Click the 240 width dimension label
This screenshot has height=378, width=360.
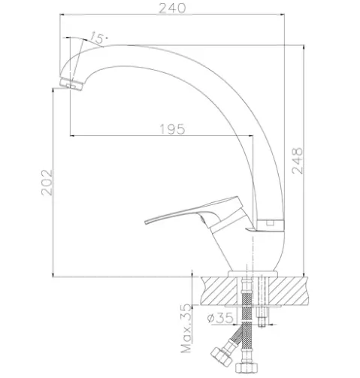(173, 8)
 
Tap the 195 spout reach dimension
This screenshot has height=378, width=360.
(173, 129)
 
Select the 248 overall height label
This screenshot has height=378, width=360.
(298, 161)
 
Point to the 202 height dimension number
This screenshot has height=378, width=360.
(47, 183)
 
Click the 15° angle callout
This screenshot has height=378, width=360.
(98, 38)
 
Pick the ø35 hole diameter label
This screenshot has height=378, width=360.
(220, 318)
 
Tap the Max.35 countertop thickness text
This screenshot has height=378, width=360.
(186, 328)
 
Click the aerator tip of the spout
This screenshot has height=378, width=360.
(71, 85)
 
